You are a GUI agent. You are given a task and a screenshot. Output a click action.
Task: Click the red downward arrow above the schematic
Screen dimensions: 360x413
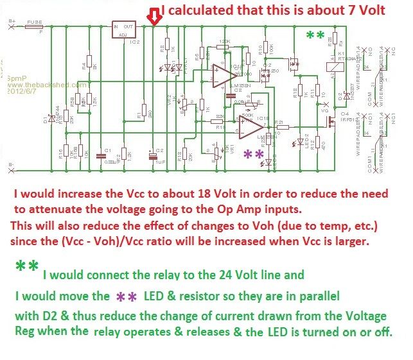click(153, 15)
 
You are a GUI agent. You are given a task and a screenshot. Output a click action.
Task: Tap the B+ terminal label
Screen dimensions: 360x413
click(12, 21)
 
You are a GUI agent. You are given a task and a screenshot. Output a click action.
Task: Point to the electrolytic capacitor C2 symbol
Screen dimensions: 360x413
click(152, 154)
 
